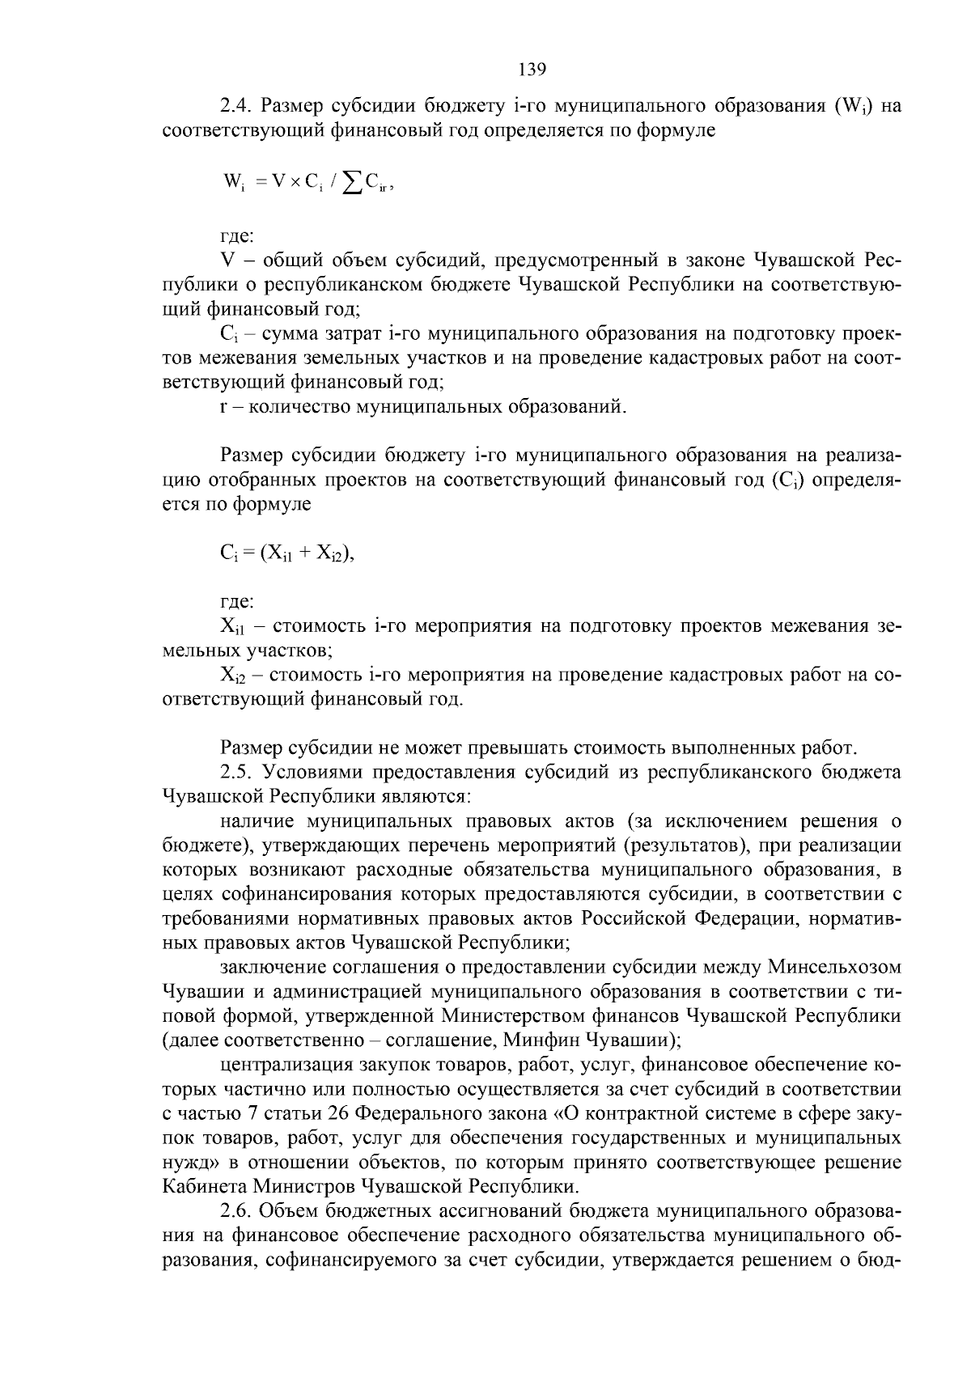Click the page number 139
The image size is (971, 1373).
[x=532, y=69]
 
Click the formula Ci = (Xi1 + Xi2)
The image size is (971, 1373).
[x=288, y=553]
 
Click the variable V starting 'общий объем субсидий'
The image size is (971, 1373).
[x=227, y=261]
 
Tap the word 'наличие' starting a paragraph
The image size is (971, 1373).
[x=258, y=821]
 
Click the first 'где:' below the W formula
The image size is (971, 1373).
[x=237, y=236]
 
